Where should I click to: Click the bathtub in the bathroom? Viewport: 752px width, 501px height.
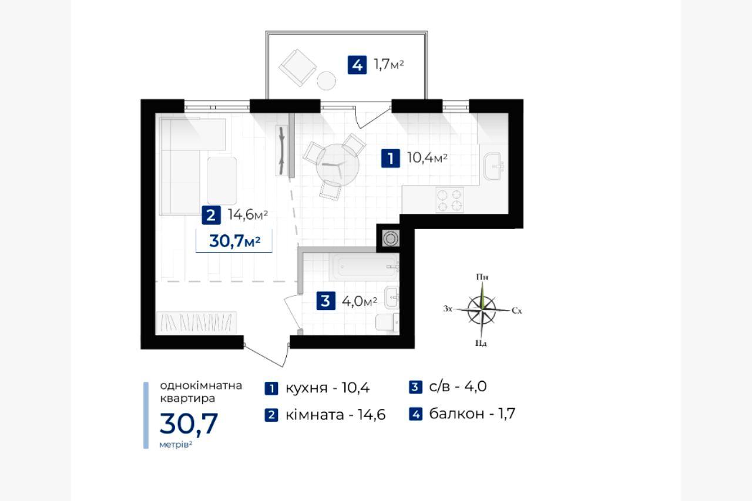(364, 267)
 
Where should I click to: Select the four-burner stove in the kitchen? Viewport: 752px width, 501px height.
(449, 200)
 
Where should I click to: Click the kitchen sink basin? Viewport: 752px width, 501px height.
(493, 166)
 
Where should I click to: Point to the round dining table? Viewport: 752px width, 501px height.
(337, 165)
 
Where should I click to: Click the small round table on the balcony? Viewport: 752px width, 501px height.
(326, 80)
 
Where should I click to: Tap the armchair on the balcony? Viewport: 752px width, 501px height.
(297, 68)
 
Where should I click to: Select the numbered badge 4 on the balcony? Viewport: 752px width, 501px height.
(357, 65)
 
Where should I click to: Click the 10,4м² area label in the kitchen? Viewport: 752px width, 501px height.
(427, 157)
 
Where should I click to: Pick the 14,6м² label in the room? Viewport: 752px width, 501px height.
(248, 214)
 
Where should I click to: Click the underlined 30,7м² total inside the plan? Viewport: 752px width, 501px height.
(234, 241)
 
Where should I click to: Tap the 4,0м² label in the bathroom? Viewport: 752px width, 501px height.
(360, 301)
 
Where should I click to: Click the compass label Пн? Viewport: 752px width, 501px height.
(482, 277)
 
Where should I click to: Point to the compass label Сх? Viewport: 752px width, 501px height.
(516, 311)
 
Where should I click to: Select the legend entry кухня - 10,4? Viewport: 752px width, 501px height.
(327, 388)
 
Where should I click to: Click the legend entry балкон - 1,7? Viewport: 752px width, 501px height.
(472, 413)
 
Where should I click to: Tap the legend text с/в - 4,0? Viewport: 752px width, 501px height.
(458, 386)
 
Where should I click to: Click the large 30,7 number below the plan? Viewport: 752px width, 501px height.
(189, 423)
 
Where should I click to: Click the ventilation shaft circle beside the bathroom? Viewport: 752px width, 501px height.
(391, 238)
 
